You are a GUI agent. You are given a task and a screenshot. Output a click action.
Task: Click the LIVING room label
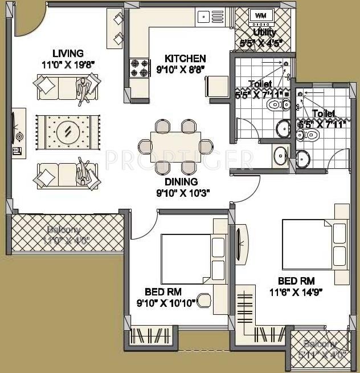[x=66, y=54]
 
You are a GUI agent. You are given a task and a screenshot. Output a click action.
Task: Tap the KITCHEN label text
[x=185, y=58]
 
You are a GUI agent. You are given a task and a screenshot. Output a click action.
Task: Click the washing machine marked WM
[x=260, y=15]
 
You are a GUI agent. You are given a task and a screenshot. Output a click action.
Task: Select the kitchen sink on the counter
[x=204, y=17]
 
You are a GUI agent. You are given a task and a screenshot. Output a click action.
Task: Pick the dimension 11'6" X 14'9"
[x=296, y=291]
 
